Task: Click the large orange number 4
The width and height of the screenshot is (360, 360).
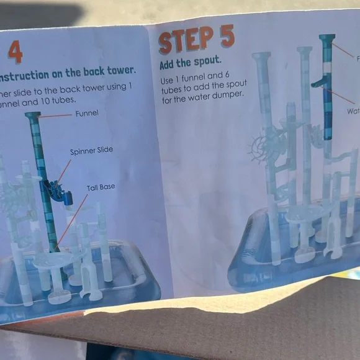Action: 15,52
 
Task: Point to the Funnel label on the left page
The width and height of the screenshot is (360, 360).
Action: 87,114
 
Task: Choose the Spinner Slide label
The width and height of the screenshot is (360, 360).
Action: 91,151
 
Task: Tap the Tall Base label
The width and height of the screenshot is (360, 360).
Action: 101,187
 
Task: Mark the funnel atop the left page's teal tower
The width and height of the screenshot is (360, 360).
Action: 33,115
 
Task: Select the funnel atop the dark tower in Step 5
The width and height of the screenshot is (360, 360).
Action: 326,39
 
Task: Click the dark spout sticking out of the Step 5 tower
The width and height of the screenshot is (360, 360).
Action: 319,81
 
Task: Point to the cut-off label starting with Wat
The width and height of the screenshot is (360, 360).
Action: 353,111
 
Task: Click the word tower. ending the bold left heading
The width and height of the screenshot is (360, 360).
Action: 118,70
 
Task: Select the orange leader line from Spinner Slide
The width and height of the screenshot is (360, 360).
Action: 64,170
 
